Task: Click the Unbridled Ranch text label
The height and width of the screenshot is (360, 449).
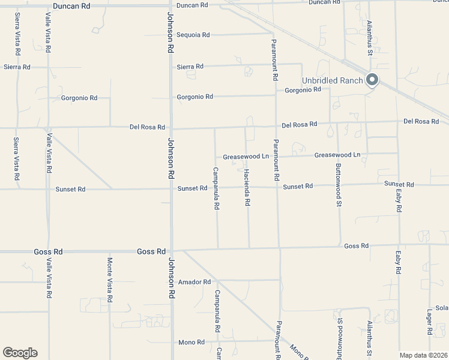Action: point(332,80)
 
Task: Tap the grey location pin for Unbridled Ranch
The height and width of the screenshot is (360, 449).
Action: point(372,79)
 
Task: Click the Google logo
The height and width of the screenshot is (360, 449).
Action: point(20,353)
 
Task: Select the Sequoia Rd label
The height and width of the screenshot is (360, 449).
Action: point(193,35)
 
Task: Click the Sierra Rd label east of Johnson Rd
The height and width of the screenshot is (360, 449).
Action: point(190,67)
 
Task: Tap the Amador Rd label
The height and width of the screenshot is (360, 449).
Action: point(194,282)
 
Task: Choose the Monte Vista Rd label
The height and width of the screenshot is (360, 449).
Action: point(110,280)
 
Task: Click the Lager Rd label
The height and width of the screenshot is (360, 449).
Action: point(430,323)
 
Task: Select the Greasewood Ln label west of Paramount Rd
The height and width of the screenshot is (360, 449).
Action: point(246,157)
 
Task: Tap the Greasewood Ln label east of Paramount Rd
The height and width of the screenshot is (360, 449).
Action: point(337,155)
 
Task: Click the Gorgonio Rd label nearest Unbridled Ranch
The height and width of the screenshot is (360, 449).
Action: point(303,90)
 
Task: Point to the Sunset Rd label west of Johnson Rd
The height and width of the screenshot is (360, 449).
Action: point(70,189)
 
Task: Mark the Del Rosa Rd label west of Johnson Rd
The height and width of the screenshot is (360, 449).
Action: point(147,127)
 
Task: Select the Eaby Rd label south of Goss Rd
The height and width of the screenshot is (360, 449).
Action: point(397,263)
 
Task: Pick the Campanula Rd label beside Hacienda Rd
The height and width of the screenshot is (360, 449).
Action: point(217,188)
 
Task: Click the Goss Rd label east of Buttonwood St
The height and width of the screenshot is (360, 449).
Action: point(356,246)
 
